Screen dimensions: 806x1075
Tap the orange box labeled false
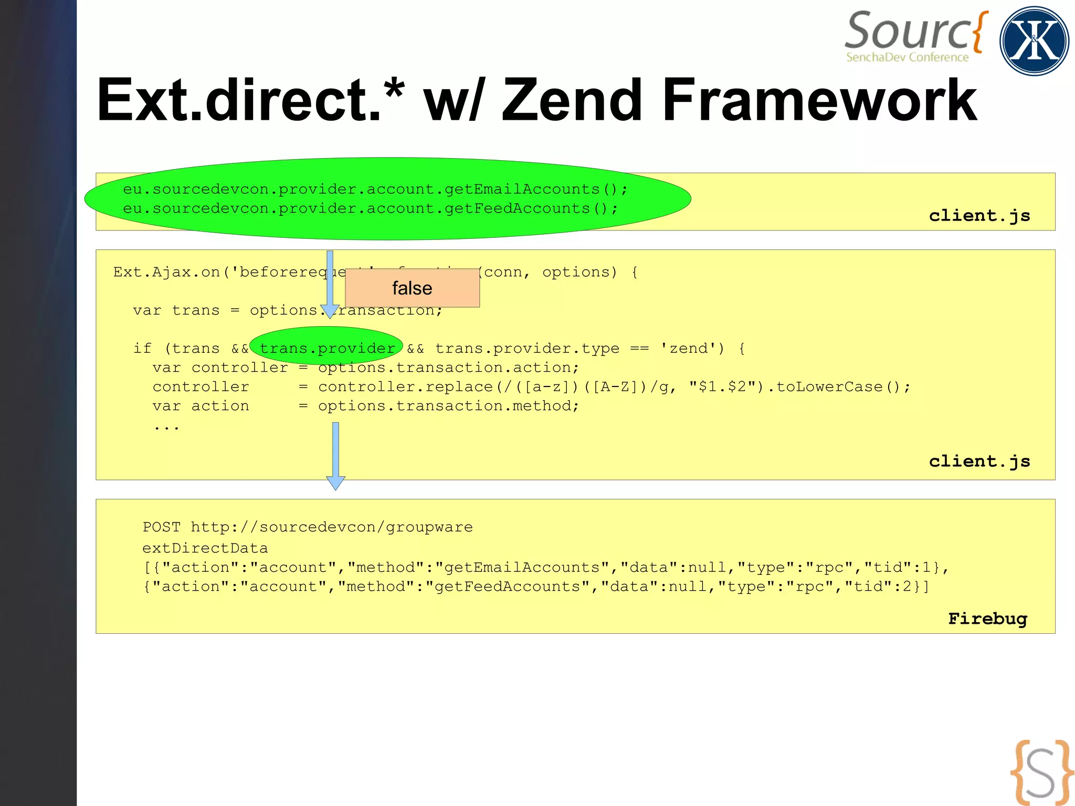412,288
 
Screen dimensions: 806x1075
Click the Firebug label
987,619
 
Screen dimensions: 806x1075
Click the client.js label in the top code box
979,215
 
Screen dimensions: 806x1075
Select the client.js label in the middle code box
979,461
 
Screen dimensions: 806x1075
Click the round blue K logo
1034,41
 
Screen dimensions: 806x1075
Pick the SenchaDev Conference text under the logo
907,57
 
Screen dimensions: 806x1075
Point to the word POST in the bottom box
161,527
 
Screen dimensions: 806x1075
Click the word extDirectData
205,548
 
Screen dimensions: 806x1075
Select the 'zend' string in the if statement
692,348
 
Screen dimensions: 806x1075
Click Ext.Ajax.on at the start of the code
166,272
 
